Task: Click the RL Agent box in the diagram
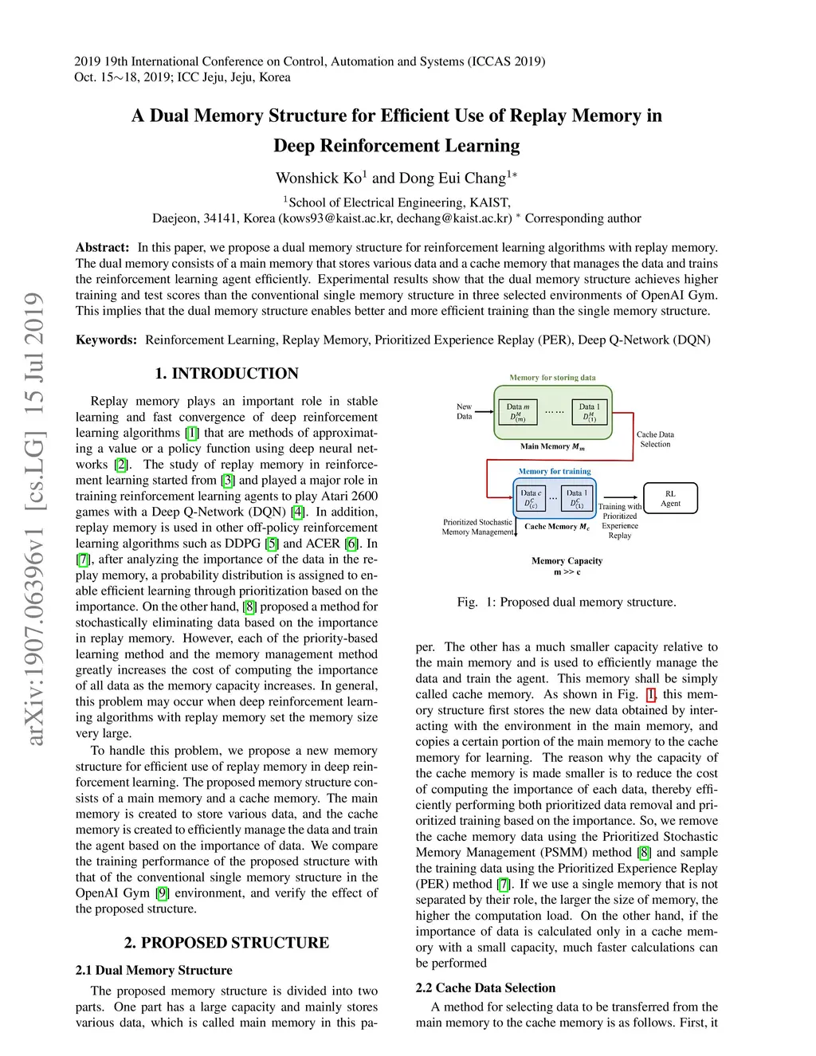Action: pos(670,498)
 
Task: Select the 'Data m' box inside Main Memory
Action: pos(518,412)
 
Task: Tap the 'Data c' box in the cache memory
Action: pos(530,498)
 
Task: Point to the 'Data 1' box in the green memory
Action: pos(590,412)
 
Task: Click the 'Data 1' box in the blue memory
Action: pos(577,498)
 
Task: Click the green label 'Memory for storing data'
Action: pos(552,378)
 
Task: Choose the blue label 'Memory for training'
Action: pos(555,471)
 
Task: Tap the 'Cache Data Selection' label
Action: pos(655,439)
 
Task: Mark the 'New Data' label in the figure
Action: pos(464,411)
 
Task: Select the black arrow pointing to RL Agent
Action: pos(622,498)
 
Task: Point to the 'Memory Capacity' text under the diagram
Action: pos(567,561)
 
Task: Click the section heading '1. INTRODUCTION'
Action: pos(226,374)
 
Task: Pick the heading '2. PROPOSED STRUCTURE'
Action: pos(226,943)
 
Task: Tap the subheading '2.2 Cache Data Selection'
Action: pos(485,988)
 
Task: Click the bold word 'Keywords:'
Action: pos(106,340)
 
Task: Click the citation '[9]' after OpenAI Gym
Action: pos(162,893)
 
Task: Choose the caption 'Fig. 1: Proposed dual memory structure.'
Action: pos(566,603)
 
